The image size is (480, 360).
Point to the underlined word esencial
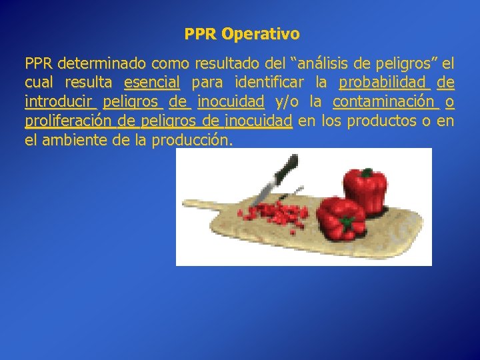[x=152, y=83]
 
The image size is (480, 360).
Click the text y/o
[x=287, y=102]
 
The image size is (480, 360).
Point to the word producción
[x=193, y=141]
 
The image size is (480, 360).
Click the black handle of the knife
[x=287, y=167]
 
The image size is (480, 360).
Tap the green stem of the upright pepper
[x=365, y=173]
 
